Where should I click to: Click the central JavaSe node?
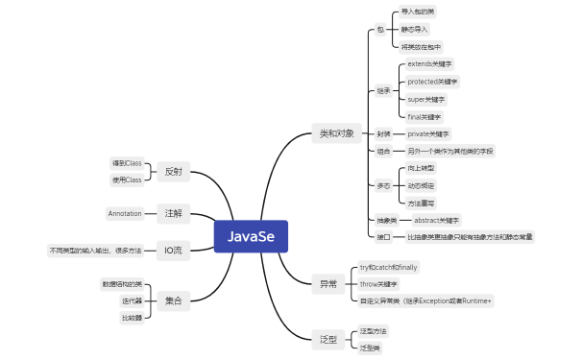[251, 235]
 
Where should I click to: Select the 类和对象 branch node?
[336, 133]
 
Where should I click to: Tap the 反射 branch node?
[173, 171]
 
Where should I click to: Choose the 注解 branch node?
[173, 212]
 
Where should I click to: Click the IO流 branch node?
[173, 251]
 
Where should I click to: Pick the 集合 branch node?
[173, 300]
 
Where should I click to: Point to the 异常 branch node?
[327, 283]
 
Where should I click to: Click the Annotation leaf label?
[125, 212]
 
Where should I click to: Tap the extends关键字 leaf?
[431, 63]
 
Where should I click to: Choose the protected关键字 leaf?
[433, 82]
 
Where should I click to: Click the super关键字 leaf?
[426, 99]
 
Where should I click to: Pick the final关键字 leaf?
[424, 116]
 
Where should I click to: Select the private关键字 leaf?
[428, 133]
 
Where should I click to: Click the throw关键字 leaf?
[378, 284]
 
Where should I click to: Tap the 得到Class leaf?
[127, 163]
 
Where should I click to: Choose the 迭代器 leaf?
[132, 300]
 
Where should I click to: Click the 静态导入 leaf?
[415, 29]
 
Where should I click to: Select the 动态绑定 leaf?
[421, 184]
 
